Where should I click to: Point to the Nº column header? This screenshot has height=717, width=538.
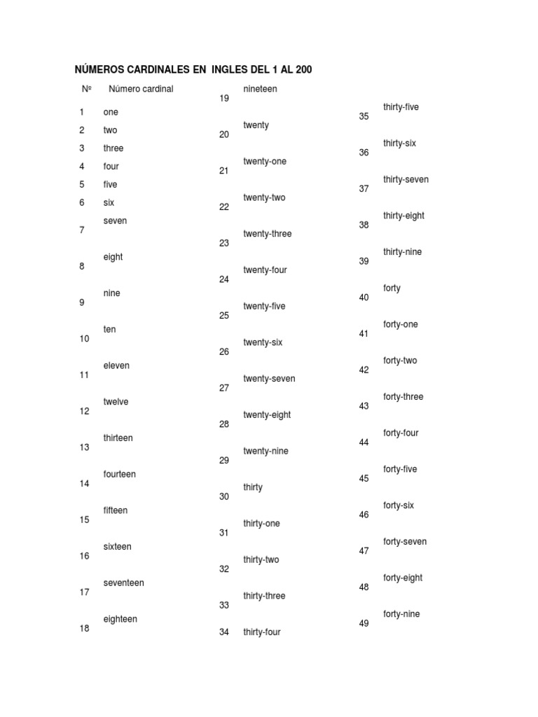[87, 89]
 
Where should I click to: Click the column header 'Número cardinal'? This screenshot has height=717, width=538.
[141, 89]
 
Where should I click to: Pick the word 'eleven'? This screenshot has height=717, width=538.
[116, 366]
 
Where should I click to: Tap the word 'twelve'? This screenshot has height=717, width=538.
[116, 402]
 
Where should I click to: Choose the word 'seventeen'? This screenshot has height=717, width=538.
[123, 583]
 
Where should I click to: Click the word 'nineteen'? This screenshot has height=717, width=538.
[260, 89]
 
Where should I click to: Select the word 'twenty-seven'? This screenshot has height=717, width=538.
[269, 379]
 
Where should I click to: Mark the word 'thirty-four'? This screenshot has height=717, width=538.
[261, 632]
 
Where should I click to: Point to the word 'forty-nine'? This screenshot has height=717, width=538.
[401, 614]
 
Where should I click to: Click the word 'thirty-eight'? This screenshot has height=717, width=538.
[403, 216]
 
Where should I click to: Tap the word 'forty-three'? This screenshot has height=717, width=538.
[403, 397]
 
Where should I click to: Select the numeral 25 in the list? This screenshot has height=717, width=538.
[224, 316]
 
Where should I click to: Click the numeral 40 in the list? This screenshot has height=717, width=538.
[364, 298]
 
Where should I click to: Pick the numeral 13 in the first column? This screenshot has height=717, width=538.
[84, 447]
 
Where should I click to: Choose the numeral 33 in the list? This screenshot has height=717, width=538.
[224, 606]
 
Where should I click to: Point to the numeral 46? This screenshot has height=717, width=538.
[364, 515]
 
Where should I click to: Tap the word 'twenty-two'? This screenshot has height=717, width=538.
[264, 197]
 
